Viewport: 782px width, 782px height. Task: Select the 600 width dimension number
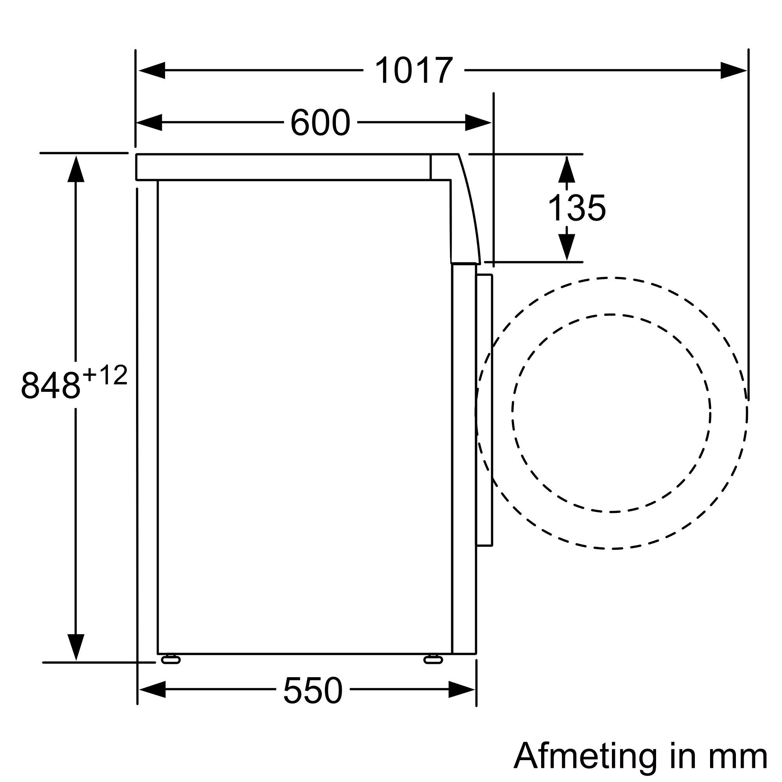[x=320, y=123]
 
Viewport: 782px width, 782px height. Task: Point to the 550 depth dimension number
[x=312, y=691]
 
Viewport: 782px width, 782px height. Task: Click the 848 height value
[x=50, y=386]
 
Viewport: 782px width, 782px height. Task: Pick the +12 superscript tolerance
[x=105, y=376]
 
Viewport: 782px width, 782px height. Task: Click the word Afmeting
[x=585, y=755]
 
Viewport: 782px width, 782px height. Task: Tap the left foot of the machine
[x=170, y=660]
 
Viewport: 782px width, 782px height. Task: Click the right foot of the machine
[x=433, y=660]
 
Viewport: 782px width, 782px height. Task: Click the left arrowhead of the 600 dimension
[x=150, y=123]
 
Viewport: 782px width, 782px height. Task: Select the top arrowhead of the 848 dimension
[x=76, y=169]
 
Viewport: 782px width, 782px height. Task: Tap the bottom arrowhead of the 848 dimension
[x=76, y=646]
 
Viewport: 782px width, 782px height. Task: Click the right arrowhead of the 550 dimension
[x=461, y=689]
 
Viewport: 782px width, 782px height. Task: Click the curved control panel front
[x=465, y=210]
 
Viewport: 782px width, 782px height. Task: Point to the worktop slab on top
[x=283, y=167]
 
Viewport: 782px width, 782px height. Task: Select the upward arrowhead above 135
[x=567, y=170]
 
